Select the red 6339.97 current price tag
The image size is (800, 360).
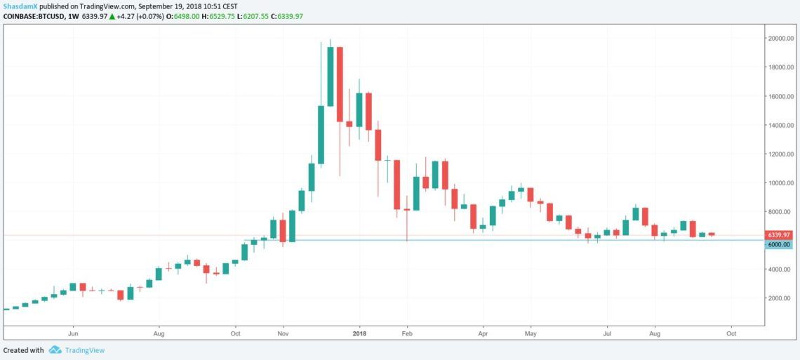coord(779,235)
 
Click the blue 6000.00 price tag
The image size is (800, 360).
coord(779,244)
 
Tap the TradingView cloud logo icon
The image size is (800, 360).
coord(55,349)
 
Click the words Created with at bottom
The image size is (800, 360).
coord(23,349)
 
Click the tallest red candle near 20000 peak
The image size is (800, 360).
coord(340,84)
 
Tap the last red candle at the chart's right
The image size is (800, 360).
coord(712,234)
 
